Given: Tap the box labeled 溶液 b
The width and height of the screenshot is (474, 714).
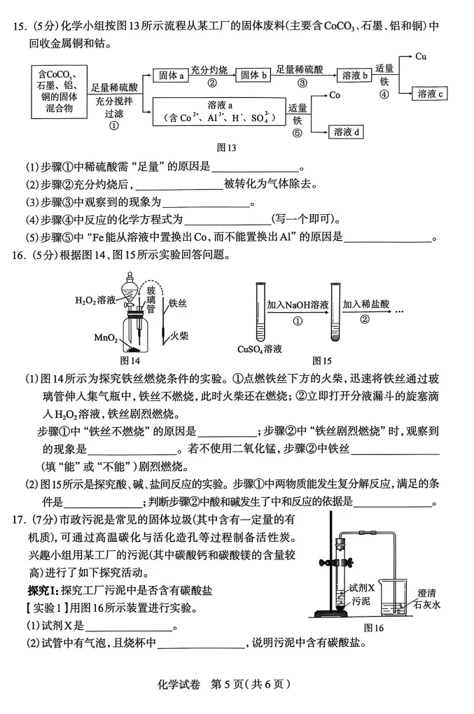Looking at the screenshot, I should pos(356,75).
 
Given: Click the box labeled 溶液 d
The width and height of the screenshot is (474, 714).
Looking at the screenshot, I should pos(348,132).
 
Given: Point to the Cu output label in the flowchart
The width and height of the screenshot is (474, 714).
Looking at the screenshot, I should pos(421,57).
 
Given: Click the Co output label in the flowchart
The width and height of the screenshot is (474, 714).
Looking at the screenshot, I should pos(335,95).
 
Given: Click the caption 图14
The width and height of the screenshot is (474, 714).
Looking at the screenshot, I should pos(130,361).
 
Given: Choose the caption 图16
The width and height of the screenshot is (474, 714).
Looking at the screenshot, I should pos(374,628).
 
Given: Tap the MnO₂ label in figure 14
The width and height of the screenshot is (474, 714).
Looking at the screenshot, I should pos(106,338).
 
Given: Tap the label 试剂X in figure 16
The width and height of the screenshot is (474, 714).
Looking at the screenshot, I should pos(362,587).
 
